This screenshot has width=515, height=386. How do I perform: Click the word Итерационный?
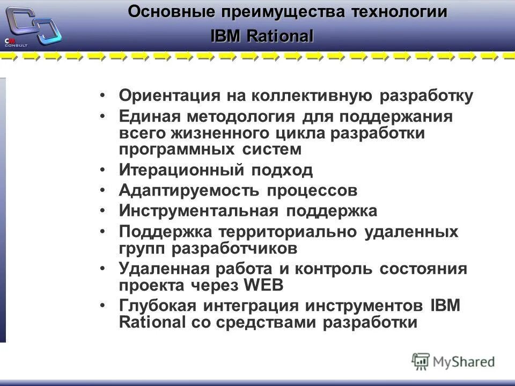(181, 170)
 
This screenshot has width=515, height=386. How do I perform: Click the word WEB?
(263, 285)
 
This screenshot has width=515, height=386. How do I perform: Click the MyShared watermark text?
(464, 362)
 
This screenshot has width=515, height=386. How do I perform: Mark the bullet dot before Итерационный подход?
(103, 170)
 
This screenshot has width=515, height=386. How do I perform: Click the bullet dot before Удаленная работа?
(103, 269)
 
